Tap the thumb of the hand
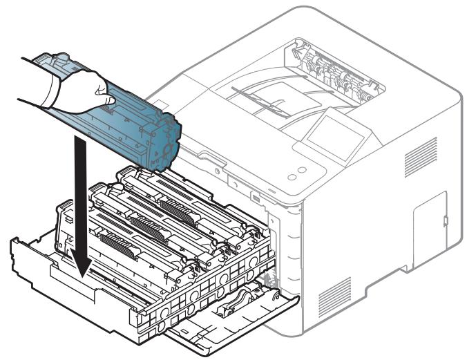click(x=104, y=89)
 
